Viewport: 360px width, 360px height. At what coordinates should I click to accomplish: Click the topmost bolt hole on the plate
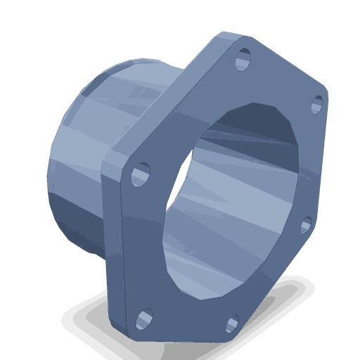click(x=244, y=55)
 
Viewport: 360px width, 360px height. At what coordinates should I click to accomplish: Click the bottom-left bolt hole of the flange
click(x=143, y=319)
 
